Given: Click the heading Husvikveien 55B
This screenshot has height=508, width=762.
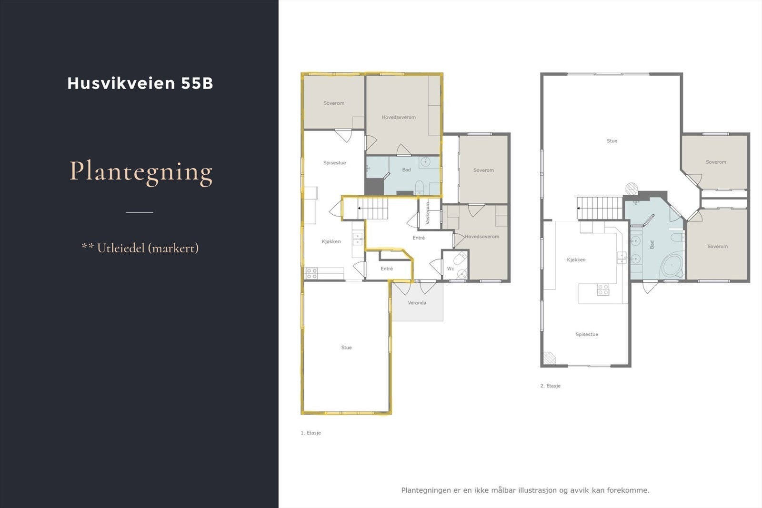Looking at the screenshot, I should point(140,83).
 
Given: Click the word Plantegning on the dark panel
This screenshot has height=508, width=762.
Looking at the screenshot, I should point(141,171).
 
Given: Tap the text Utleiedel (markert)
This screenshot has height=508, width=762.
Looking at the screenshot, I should point(147,248).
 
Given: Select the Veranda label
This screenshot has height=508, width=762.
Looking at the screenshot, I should point(417,303).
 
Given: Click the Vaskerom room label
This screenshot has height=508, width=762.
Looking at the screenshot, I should point(428,213).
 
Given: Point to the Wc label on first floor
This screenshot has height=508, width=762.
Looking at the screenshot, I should point(450,269).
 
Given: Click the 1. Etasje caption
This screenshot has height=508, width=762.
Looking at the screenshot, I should point(311,433).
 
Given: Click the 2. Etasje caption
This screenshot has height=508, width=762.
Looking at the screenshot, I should point(550,386).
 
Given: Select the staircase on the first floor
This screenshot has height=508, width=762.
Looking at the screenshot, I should point(373,209).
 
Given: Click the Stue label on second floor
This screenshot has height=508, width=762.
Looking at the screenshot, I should point(612,141).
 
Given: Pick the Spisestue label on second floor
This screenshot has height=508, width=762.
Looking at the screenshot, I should point(586,334).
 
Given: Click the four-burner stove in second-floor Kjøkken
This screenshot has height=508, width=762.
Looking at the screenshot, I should point(603,289).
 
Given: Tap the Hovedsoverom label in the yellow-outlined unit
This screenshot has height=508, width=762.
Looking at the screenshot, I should point(399,117).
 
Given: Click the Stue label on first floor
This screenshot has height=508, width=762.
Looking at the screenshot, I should point(346,348).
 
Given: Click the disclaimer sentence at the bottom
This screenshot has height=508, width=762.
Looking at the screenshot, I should point(525,490).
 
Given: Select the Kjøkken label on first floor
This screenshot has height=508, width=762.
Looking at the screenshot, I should point(331,241).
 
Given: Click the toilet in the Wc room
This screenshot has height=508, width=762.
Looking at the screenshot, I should point(460,259).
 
